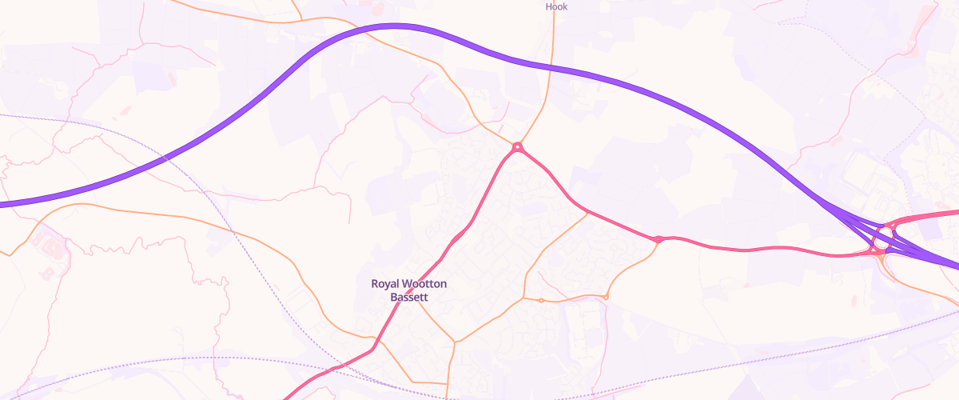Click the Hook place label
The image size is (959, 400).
[x=556, y=6]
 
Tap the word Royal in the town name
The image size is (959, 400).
[x=384, y=284]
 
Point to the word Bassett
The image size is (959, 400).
[x=409, y=297]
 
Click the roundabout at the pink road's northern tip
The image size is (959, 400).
[x=518, y=146]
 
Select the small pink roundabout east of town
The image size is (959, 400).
[x=658, y=239]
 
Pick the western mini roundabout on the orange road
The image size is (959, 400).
[x=541, y=300]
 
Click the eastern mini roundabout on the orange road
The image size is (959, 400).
[x=606, y=298]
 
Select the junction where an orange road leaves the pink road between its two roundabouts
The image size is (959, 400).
[x=587, y=212]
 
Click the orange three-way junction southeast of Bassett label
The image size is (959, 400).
[x=455, y=342]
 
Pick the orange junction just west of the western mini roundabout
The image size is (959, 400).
[x=523, y=298]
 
